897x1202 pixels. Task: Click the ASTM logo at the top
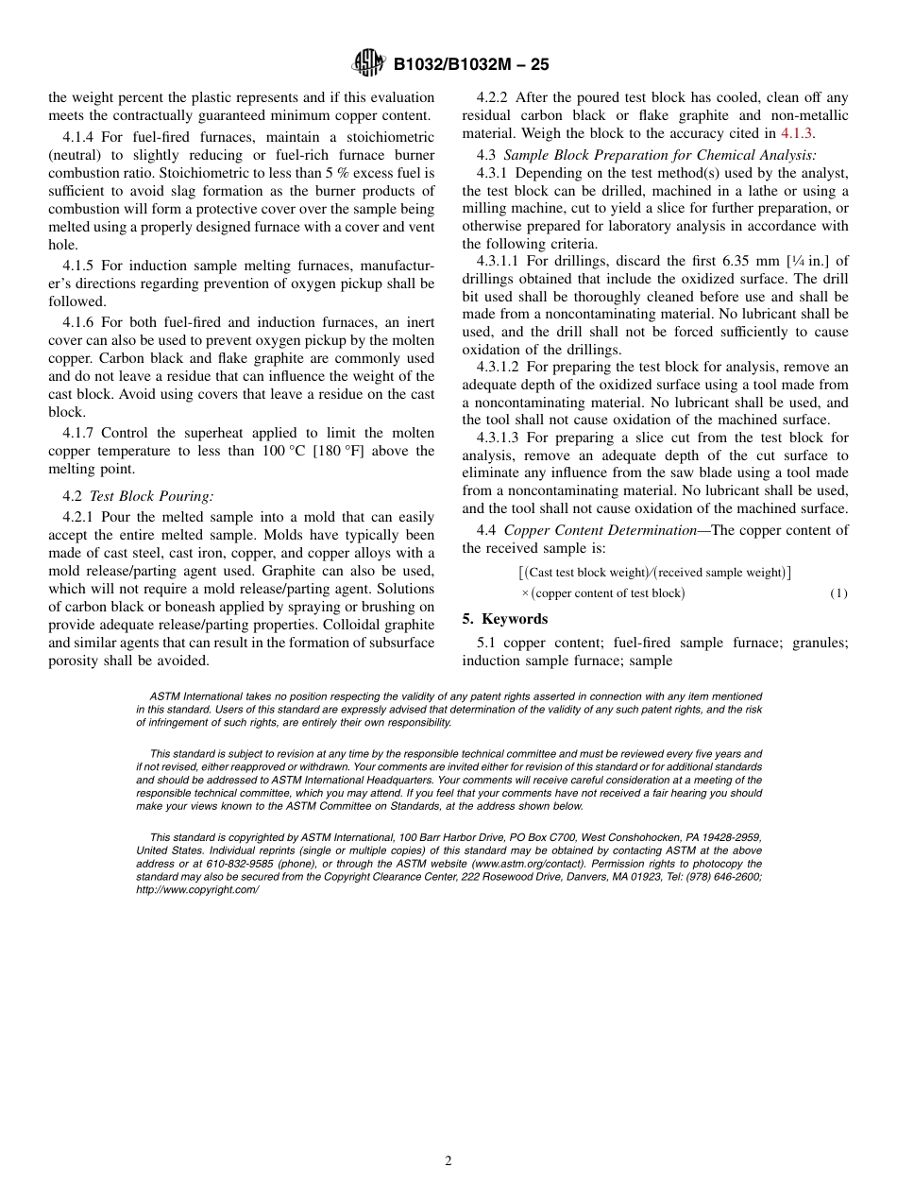[368, 63]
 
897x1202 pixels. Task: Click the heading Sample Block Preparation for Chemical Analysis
[660, 154]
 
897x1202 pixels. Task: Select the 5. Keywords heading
[505, 619]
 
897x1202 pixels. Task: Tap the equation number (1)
[838, 593]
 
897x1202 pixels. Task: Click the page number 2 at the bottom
[448, 1161]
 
